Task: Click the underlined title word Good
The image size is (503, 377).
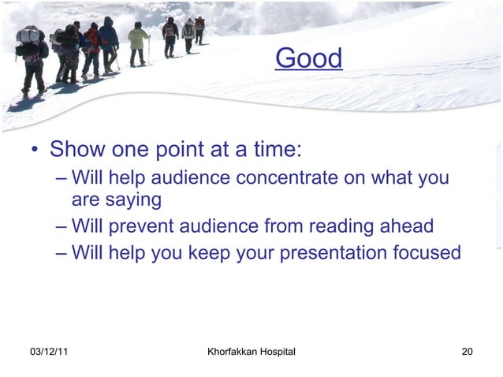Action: click(308, 58)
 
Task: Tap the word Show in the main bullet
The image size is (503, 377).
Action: click(76, 149)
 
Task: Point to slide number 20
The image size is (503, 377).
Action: click(467, 350)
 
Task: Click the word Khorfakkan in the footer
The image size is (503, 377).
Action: click(233, 350)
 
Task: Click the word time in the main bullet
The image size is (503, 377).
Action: click(274, 149)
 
